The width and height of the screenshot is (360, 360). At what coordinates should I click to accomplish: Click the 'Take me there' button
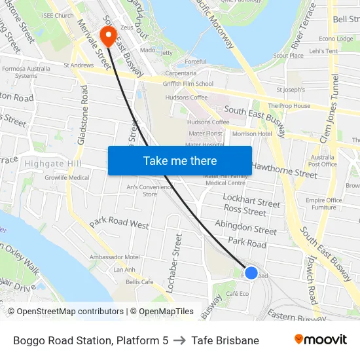tap(179, 160)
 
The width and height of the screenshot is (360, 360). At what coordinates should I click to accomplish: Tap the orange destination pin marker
tap(107, 34)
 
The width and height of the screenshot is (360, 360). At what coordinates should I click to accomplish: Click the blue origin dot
tap(251, 272)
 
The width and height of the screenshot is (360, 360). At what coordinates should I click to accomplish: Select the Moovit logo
tap(320, 339)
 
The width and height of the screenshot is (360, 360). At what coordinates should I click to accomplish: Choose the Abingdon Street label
tap(246, 227)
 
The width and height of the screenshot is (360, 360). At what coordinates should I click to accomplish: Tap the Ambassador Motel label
tap(115, 257)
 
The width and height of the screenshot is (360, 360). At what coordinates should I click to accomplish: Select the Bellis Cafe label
tap(139, 281)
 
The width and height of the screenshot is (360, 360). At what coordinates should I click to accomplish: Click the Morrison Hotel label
tap(252, 134)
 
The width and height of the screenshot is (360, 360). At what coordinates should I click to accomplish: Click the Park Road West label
tap(119, 223)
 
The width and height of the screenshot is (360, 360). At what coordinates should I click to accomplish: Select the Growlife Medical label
tap(67, 177)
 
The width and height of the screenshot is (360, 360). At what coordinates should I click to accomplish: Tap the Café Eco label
tap(237, 293)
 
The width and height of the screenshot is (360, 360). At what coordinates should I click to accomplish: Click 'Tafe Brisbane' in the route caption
tap(225, 340)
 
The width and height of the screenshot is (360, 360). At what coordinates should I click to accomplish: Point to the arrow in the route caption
tap(180, 340)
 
